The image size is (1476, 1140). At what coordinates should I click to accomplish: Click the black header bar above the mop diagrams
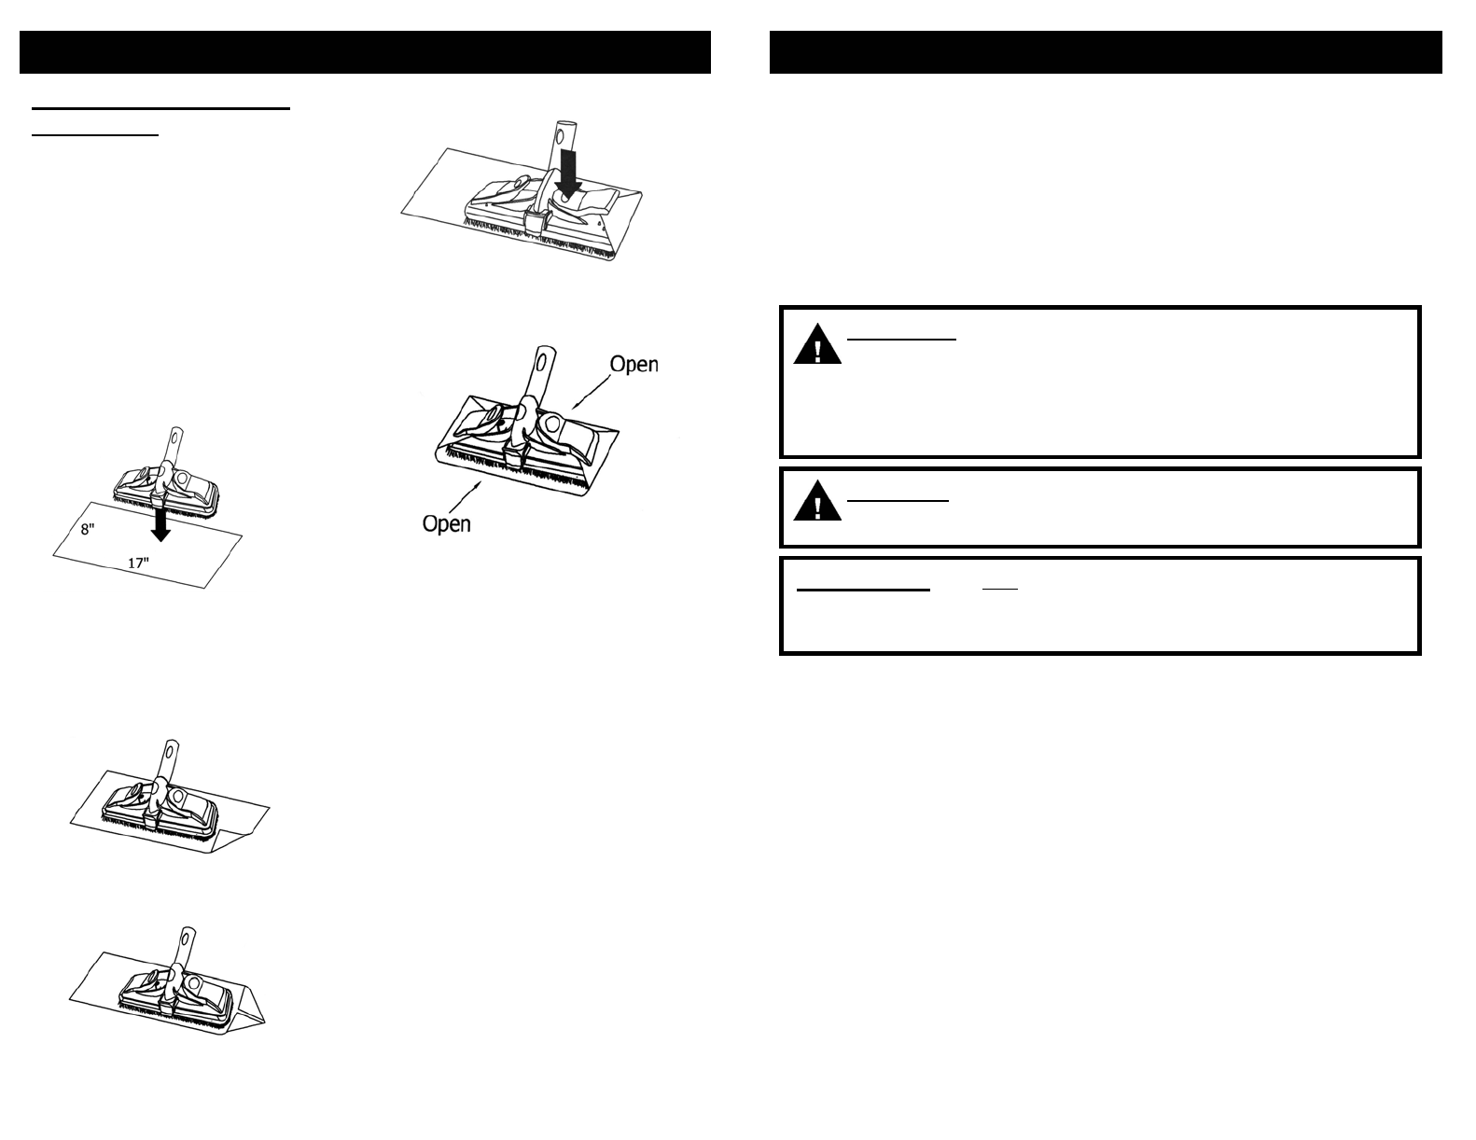point(365,52)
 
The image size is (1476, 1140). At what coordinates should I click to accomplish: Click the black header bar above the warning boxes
point(1106,52)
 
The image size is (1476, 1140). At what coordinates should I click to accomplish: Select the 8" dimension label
point(88,529)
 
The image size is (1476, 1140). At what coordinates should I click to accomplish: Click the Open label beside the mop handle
point(634,365)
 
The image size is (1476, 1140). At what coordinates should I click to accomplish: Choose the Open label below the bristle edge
point(446,523)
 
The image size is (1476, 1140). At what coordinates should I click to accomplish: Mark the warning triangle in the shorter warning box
point(817,505)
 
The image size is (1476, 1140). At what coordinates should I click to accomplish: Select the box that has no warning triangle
point(1099,605)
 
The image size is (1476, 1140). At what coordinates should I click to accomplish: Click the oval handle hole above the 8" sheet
point(173,438)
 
